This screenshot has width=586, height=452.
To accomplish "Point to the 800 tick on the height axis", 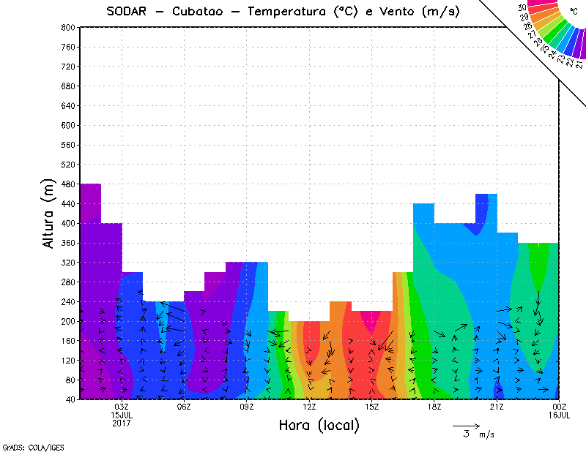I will click(x=69, y=27).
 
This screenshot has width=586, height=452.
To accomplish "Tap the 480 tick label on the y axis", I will click(x=69, y=184).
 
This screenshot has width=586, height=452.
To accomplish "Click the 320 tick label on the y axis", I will click(x=69, y=263).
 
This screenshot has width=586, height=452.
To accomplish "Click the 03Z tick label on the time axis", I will click(x=122, y=407).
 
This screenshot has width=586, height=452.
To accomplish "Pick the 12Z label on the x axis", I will click(x=309, y=407).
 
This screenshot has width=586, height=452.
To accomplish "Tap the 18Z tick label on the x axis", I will click(x=434, y=407).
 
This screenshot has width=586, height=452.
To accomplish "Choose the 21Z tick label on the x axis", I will click(x=497, y=407).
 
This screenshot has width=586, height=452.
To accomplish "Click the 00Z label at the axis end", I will click(x=560, y=407).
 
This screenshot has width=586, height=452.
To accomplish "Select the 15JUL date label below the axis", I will click(x=122, y=415).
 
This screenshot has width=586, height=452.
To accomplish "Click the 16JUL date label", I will click(x=559, y=415).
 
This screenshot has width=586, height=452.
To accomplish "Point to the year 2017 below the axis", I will click(x=122, y=423).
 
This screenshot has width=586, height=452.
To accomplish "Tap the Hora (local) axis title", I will click(x=319, y=425).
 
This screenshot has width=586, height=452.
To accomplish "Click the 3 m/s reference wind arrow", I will click(x=466, y=425).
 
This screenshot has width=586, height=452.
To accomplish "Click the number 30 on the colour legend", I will click(x=522, y=8).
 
